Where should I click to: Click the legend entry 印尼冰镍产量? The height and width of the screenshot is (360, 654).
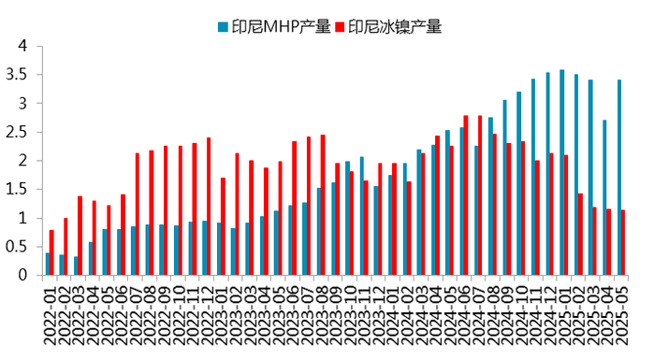394,27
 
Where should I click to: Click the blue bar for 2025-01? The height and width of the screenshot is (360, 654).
561,173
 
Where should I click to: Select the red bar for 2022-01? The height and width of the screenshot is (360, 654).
52,252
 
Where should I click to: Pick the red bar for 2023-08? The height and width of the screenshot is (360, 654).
323,205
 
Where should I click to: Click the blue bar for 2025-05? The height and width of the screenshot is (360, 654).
618,178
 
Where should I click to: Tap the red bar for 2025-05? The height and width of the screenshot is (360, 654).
624,242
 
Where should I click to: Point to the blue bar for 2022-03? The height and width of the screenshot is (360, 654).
76,266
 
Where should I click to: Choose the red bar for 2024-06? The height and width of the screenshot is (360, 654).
466,195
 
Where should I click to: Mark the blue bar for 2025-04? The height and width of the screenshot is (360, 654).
604,197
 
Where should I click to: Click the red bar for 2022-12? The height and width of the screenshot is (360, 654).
209,207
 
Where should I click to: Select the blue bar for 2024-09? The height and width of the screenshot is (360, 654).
504,188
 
